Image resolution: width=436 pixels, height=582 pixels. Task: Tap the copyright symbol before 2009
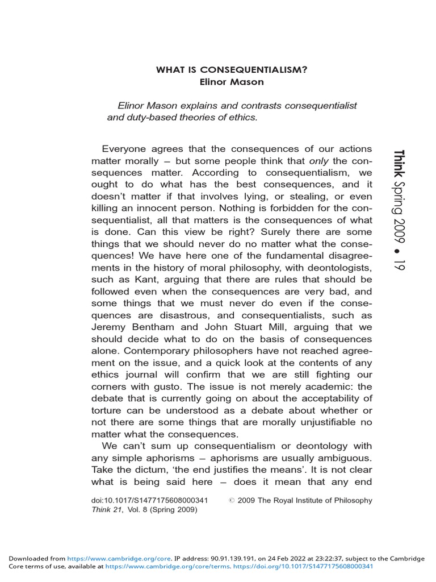pos(231,501)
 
